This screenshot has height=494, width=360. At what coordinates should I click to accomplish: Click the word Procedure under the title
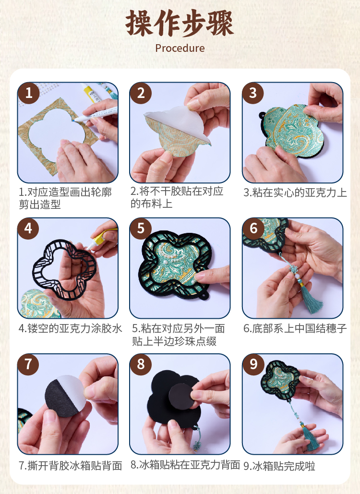(x=180, y=48)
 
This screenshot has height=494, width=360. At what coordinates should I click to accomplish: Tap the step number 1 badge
(x=29, y=93)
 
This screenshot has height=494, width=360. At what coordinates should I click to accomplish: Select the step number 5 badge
(x=141, y=229)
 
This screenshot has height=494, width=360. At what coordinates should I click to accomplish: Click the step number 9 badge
(x=253, y=364)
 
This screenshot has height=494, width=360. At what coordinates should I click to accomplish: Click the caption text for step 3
(x=295, y=193)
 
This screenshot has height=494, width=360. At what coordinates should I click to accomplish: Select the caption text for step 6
(x=295, y=328)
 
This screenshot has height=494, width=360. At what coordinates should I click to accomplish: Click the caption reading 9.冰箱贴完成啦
(x=279, y=466)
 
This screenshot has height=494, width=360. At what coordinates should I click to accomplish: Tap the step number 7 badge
(x=28, y=364)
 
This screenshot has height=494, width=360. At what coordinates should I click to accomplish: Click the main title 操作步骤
(x=180, y=24)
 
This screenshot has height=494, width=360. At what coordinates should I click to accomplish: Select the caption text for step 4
(x=70, y=328)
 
